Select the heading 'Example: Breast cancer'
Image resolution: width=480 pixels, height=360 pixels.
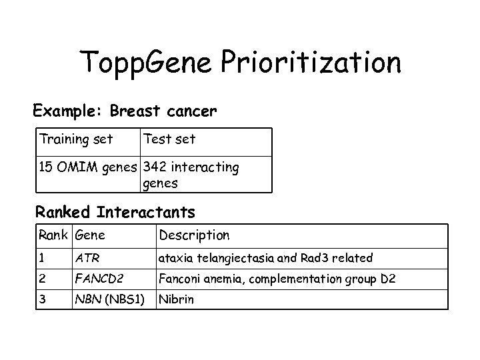coord(125,110)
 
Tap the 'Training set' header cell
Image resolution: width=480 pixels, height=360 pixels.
coord(75,139)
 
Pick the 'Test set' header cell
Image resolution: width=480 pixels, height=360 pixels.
coord(169,139)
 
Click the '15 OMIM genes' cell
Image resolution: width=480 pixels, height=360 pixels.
coord(87,167)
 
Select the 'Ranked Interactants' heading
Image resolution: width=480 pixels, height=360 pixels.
coord(115,213)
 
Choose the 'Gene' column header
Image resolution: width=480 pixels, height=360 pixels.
coord(91,235)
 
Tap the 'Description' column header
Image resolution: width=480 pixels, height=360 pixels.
coord(193,235)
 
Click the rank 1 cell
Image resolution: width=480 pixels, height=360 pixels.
coord(43,257)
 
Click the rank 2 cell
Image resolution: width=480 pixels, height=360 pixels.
coord(43,279)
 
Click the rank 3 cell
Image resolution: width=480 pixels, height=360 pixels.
coord(43,299)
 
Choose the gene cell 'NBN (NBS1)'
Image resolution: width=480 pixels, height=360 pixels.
coord(109,299)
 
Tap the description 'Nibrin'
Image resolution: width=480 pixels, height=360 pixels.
coord(176,299)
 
